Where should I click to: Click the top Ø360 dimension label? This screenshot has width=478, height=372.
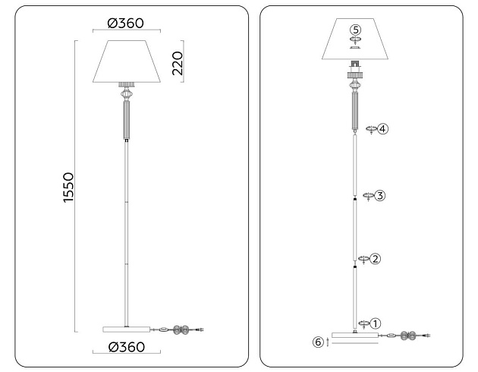pos(126,24)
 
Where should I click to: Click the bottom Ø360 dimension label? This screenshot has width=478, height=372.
pos(126,348)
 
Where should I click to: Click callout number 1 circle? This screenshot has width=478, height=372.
pos(375,323)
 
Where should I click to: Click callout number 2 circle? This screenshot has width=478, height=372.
pos(375,259)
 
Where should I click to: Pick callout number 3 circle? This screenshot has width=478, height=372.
pos(379,195)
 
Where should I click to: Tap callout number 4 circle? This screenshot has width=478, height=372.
pos(382,129)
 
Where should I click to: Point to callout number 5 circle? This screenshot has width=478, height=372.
pos(355,30)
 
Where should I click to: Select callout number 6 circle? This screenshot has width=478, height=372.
pos(319,342)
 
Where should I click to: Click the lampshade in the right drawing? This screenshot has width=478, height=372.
pos(355,44)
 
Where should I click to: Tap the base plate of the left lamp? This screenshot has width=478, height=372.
pos(126,329)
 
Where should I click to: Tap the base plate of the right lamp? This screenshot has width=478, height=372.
pos(355,335)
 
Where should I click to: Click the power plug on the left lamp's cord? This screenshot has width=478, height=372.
pos(200,329)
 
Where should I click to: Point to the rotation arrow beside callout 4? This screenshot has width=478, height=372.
pos(370,130)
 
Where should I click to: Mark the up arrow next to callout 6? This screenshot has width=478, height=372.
pos(327,343)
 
